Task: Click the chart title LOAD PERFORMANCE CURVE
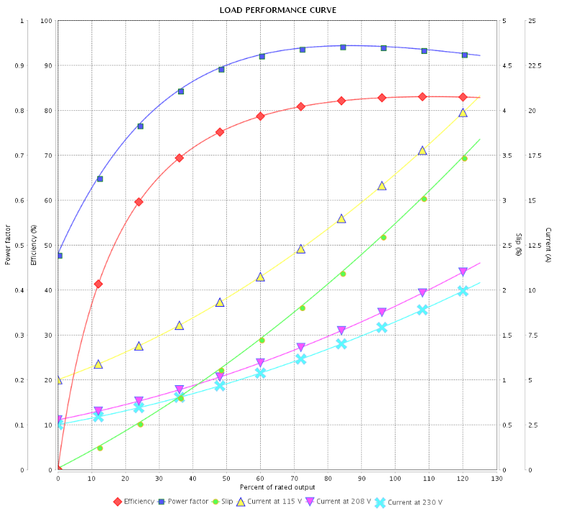pos(278,10)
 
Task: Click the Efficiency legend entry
pos(139,502)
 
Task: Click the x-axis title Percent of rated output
pos(277,488)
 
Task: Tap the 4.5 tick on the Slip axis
pos(507,66)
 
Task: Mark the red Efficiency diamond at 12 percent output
pos(98,284)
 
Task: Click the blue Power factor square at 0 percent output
pos(59,256)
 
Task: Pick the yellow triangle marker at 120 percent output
pos(463,112)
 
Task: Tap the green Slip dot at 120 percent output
pos(464,158)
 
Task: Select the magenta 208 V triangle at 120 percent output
pos(463,272)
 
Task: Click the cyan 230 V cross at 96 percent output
pos(382,327)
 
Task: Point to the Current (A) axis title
pos(549,245)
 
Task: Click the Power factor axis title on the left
pos(8,245)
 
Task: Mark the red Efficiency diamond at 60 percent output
pos(260,116)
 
